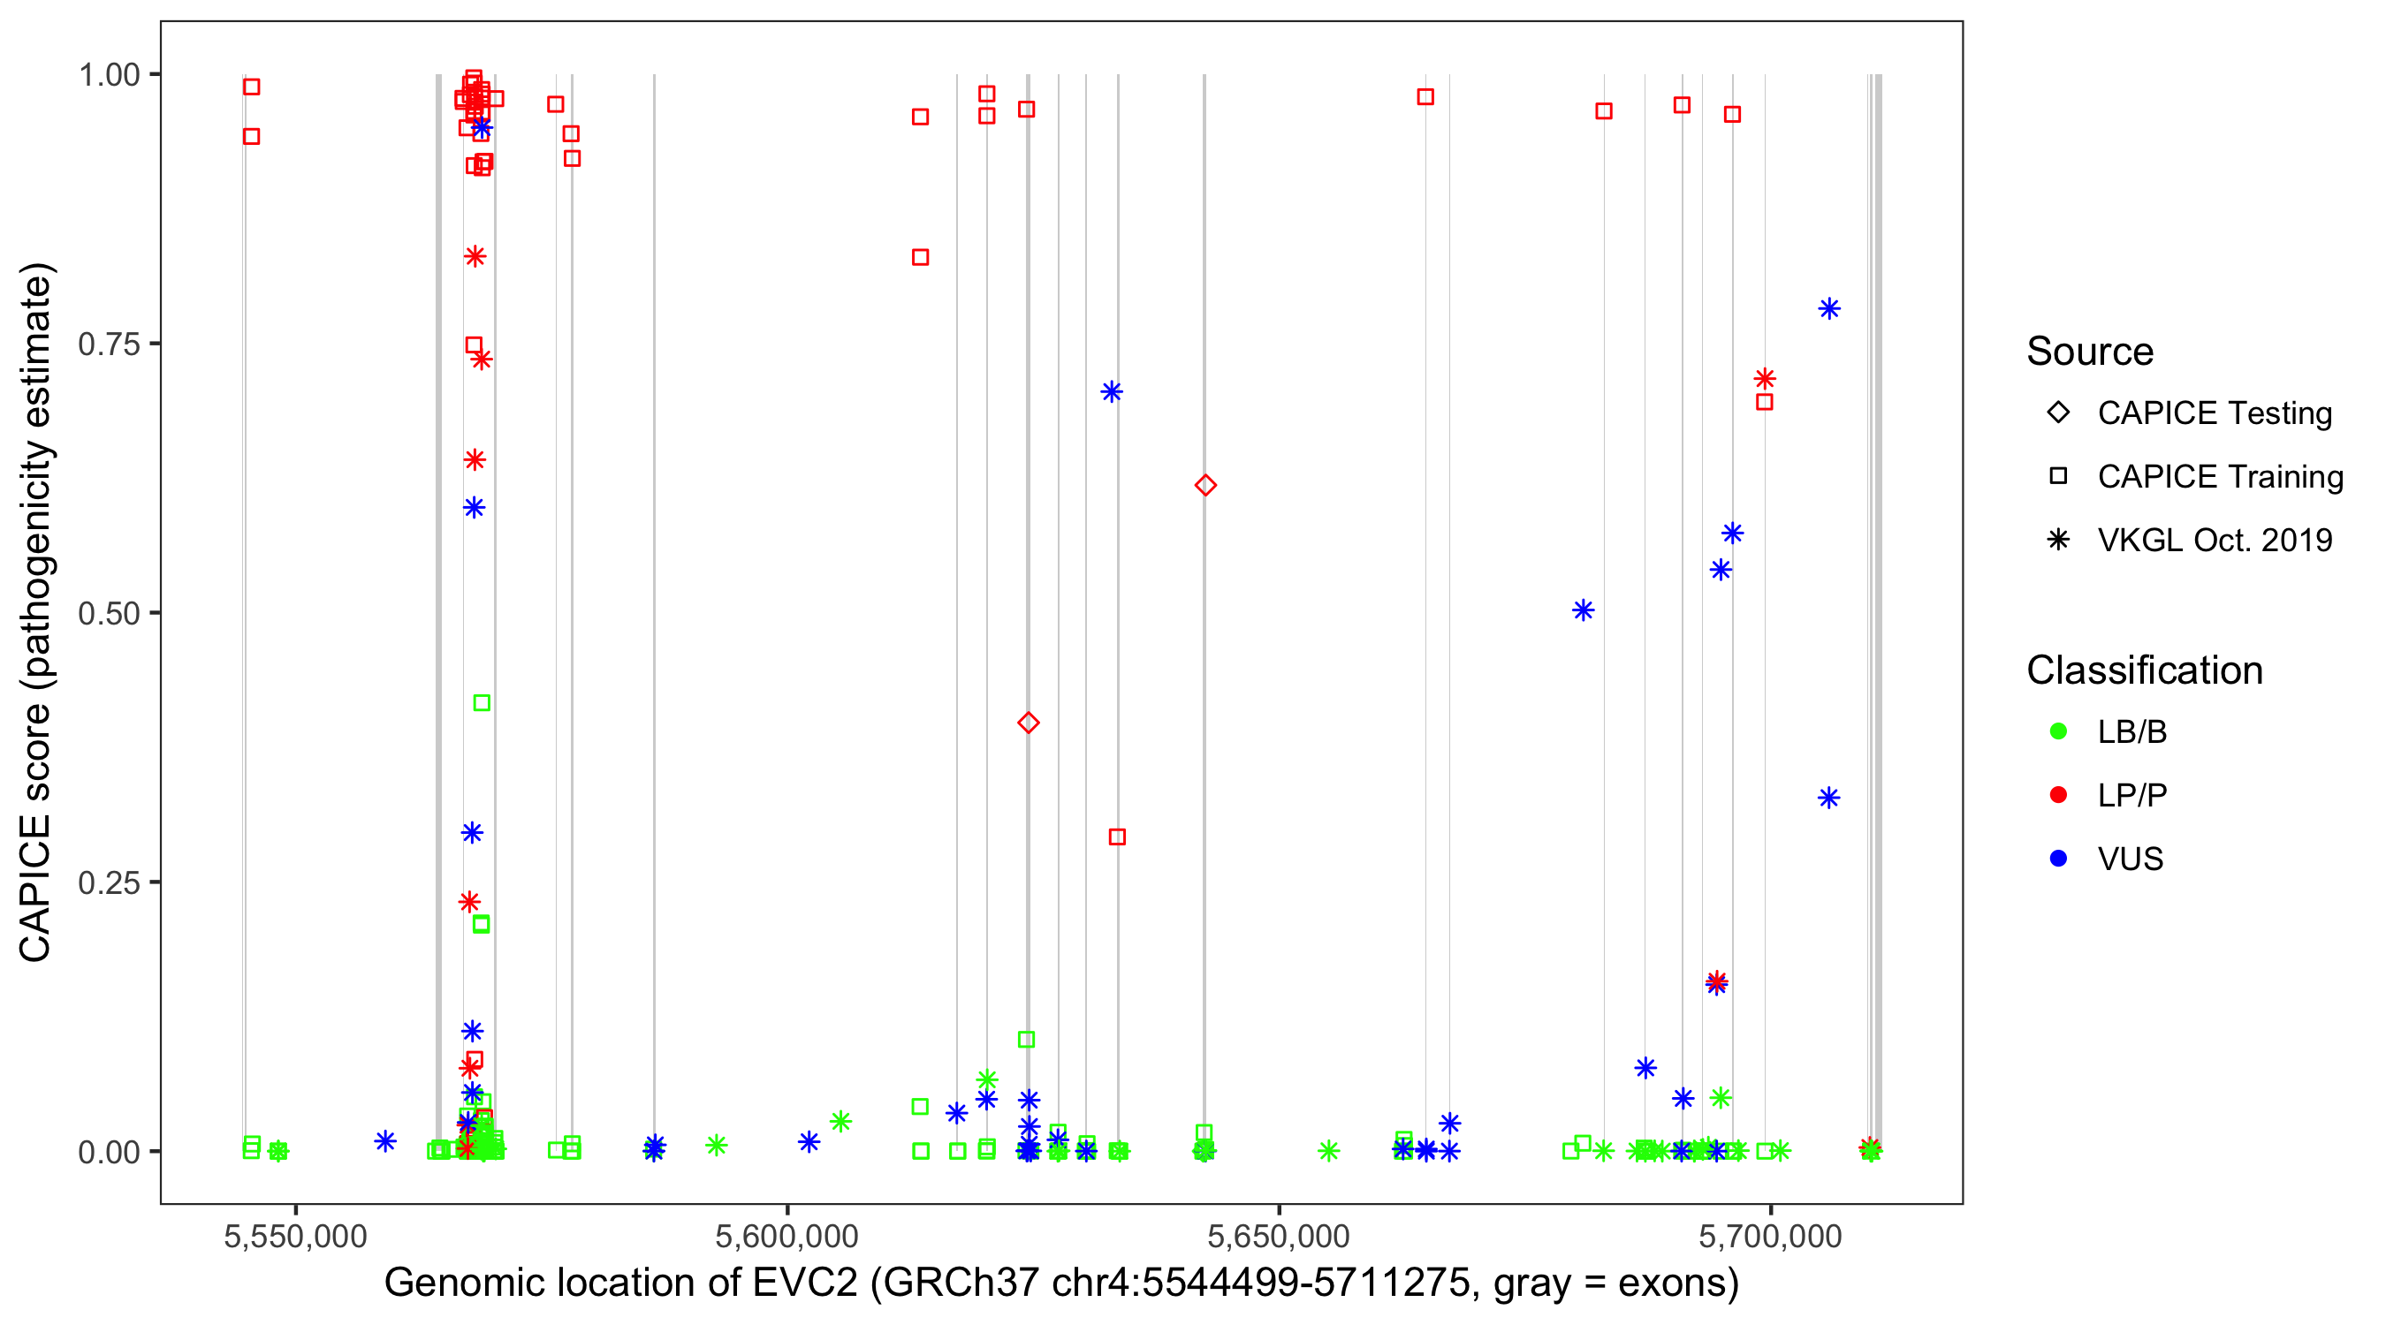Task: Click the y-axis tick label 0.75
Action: click(x=108, y=344)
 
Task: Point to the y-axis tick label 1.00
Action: click(x=108, y=74)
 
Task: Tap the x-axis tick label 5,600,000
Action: click(x=787, y=1236)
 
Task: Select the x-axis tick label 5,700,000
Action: click(x=1770, y=1236)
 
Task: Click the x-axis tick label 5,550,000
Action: click(x=295, y=1236)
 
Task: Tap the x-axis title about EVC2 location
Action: click(x=1060, y=1283)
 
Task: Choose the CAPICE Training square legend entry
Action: click(x=2058, y=476)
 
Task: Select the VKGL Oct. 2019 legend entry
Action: click(x=2058, y=540)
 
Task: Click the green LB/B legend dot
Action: click(x=2058, y=731)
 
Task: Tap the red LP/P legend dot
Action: click(x=2058, y=795)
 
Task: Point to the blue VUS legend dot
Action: click(x=2058, y=859)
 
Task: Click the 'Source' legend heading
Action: click(x=2090, y=352)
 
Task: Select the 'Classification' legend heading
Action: click(x=2143, y=670)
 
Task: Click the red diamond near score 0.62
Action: click(x=1205, y=485)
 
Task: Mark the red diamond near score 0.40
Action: click(x=1028, y=723)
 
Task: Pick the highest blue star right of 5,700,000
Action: click(x=1828, y=309)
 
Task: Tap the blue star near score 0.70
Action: click(x=1112, y=391)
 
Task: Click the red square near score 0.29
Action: click(x=1117, y=837)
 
